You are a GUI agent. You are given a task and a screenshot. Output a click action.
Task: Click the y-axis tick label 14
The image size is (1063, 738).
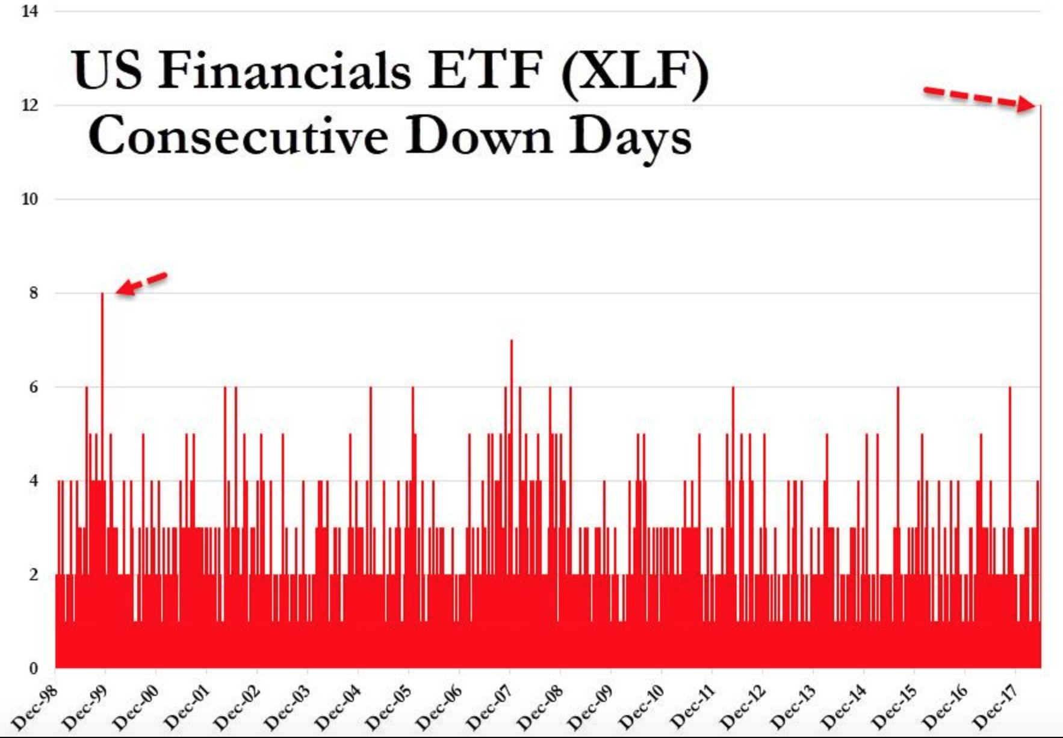29,11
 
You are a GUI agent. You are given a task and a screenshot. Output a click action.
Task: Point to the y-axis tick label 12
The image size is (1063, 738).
29,105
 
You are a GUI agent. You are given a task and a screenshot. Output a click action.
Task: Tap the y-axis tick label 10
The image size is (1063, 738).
29,199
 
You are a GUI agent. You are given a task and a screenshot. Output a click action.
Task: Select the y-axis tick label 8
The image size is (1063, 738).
33,293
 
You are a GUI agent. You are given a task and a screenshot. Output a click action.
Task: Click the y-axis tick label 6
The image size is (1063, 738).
33,387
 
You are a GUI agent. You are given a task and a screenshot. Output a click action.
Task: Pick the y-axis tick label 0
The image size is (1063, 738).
33,668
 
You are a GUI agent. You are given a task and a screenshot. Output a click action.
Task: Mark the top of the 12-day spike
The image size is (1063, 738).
1041,105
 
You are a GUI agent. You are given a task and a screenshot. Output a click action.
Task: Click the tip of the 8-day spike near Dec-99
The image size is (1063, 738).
102,293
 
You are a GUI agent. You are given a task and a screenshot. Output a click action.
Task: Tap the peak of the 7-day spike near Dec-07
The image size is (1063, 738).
511,340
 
